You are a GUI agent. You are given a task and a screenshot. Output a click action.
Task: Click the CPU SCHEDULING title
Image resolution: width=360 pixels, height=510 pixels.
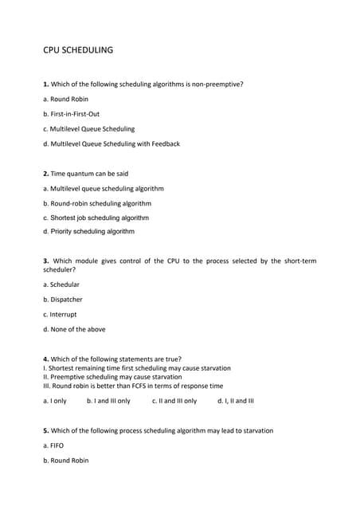78,50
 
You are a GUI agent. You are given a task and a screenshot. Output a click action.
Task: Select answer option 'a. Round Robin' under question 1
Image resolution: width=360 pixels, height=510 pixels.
65,99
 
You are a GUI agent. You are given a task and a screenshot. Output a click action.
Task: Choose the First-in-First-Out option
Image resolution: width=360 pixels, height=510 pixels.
71,114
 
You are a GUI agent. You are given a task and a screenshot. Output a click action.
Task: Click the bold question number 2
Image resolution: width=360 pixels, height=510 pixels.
45,174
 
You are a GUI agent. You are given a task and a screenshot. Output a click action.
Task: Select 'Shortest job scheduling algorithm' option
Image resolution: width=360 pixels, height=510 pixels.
96,217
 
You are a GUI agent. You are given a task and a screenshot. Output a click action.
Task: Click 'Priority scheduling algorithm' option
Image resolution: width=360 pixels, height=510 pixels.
88,231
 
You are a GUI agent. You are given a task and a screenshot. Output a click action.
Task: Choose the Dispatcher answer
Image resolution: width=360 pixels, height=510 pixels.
62,300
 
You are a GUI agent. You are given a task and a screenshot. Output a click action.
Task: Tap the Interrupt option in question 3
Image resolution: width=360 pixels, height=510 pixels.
61,314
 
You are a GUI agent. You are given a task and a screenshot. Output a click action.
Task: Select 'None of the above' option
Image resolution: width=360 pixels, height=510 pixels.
74,329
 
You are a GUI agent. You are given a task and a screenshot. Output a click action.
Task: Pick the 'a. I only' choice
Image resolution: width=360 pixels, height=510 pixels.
55,401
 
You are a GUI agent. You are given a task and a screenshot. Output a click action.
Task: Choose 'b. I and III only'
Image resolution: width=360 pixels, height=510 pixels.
108,401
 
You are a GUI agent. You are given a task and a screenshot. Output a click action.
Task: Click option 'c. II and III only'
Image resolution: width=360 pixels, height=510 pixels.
174,401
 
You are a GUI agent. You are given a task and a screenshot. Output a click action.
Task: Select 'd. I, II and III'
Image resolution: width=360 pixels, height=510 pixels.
235,401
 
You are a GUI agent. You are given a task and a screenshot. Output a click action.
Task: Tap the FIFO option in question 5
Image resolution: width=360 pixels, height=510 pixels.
53,445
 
